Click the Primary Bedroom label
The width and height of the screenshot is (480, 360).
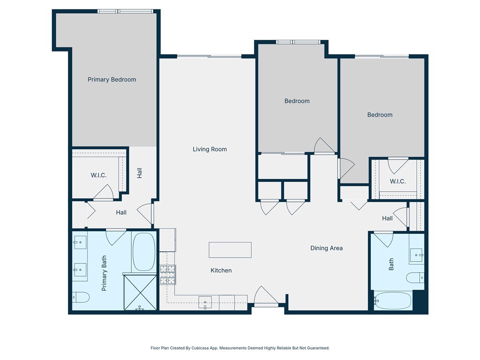coord(112,80)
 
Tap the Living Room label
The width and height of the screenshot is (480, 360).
coord(210,150)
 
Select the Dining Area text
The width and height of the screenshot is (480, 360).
coord(326,248)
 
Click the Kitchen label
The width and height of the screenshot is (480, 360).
coord(221,270)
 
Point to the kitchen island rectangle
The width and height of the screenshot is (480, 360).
coord(230,250)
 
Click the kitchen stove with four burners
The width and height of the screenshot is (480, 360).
coord(167,275)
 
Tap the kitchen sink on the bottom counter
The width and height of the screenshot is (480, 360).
coord(205,302)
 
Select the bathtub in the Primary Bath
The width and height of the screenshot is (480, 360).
coord(143,252)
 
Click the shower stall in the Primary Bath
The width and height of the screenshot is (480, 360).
coord(139,292)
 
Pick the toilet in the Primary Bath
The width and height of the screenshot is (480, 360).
coord(81,297)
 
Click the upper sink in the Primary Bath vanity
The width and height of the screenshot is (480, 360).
coord(80,244)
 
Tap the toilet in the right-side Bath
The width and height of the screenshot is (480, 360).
coord(415,277)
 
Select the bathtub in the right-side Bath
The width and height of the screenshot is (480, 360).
coord(393,300)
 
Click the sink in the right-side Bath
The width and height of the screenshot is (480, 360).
coord(416,255)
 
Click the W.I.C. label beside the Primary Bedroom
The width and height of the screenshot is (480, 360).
coord(98,175)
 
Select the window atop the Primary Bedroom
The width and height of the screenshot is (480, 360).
coord(125,11)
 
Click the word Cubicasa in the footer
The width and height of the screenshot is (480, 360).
coord(197,348)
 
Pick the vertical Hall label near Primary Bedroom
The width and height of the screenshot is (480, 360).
coord(139,173)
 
